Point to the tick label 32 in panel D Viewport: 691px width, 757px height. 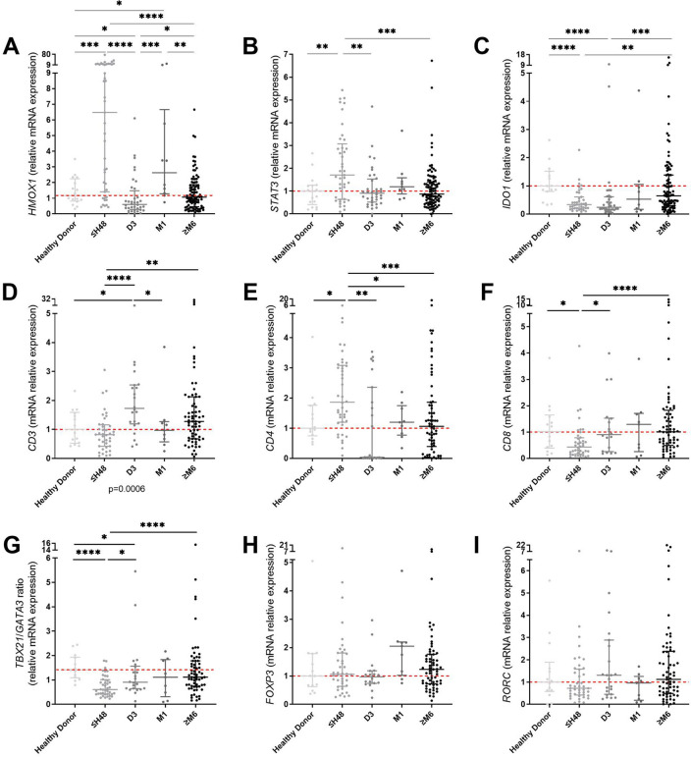pyautogui.click(x=42, y=299)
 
